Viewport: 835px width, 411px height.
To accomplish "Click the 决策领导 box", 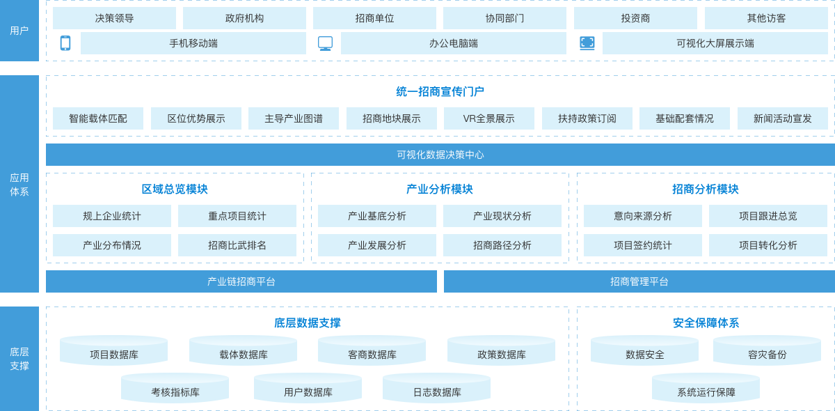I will (114, 18).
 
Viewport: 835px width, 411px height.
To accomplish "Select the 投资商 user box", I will (635, 18).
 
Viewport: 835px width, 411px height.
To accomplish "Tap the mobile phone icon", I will (65, 43).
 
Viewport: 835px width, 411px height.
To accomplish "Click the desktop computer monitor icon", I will (325, 43).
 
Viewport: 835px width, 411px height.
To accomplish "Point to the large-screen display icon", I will (587, 43).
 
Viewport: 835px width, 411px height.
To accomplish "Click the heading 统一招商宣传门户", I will (440, 92).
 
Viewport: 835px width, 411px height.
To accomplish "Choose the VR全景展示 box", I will (488, 118).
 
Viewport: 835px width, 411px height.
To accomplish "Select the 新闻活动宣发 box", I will (782, 118).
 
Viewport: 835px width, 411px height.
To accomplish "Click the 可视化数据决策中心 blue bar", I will (440, 155).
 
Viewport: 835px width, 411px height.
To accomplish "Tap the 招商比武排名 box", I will (237, 245).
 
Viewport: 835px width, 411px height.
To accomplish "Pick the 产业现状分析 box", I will (502, 216).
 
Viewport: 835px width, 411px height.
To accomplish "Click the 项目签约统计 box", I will (642, 245).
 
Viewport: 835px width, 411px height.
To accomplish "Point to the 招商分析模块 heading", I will (705, 189).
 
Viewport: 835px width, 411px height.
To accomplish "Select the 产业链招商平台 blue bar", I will (241, 281).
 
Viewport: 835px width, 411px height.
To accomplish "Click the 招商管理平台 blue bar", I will (639, 281).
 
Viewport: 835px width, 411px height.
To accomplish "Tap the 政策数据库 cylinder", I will (501, 352).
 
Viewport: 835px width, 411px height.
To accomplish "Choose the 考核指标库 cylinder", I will (175, 389).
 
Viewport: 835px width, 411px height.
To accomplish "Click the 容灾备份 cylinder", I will (767, 352).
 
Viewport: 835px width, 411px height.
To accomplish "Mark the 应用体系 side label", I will (19, 185).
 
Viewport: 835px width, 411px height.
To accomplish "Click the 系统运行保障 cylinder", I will (706, 389).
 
